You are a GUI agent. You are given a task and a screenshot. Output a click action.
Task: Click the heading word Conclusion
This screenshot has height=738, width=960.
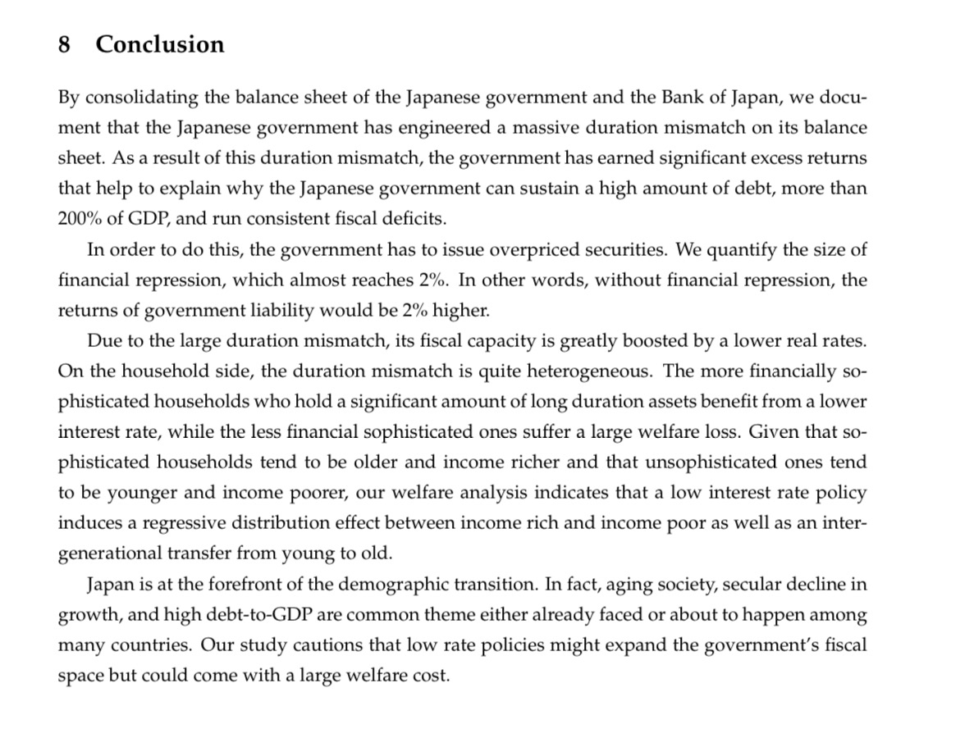pyautogui.click(x=159, y=44)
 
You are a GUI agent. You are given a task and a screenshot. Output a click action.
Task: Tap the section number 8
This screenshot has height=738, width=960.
pyautogui.click(x=64, y=44)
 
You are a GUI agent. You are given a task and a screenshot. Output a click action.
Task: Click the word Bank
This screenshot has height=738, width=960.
pyautogui.click(x=675, y=98)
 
